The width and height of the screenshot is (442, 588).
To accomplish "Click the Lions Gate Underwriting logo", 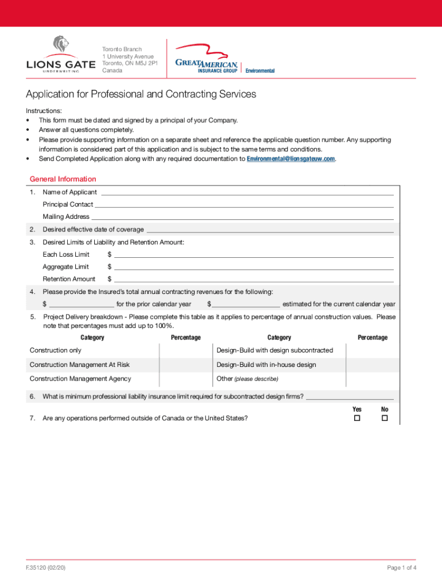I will coord(60,55).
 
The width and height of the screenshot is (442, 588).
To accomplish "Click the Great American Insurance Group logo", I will coord(224,59).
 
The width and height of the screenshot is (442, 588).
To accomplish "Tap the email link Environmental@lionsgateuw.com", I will coord(290,159).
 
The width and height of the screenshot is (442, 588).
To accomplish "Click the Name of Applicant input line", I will coord(247,192).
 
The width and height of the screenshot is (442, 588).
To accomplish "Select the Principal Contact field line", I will coord(244,204).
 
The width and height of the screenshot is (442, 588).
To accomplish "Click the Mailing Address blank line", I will coord(242,217).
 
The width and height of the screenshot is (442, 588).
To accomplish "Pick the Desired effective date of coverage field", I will coord(270,230).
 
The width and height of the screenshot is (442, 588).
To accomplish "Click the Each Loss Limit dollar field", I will coord(253,254).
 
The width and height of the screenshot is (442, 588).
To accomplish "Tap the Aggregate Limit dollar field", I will coord(253,267).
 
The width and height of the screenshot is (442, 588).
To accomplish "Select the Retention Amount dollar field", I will coord(253,279).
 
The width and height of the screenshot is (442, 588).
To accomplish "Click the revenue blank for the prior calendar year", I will coord(82,304).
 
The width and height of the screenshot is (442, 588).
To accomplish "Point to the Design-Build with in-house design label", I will coord(266,365).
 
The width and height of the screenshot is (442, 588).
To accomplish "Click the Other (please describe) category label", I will coord(247,379).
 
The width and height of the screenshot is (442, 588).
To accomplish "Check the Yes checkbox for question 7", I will coord(356,419).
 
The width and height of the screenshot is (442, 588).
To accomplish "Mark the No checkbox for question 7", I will coord(385,419).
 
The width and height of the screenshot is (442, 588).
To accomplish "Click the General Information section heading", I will coord(63,179).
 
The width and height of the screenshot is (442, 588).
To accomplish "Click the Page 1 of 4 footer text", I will coord(401,568).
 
